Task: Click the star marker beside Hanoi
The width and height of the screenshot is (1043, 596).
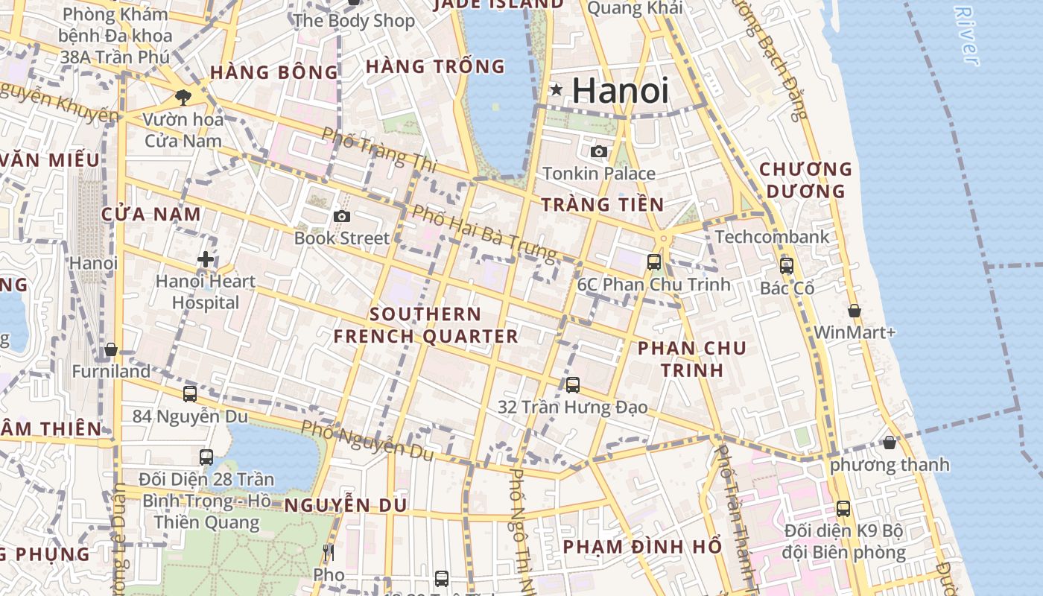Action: (x=556, y=90)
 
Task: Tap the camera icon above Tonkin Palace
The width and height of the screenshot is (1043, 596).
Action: (x=598, y=152)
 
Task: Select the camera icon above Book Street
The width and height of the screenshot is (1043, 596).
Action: (x=342, y=217)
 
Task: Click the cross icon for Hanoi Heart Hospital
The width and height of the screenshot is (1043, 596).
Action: (x=206, y=259)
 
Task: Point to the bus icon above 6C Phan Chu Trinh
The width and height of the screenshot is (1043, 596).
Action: (x=654, y=261)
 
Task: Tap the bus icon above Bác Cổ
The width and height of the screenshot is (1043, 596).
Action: (x=786, y=265)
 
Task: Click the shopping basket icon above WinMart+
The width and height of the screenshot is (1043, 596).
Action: (x=855, y=311)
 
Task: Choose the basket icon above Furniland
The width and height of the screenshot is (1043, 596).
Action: (x=111, y=349)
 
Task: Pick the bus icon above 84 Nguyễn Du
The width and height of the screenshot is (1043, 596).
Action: (x=190, y=394)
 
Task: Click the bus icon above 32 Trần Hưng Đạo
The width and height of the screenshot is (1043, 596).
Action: (x=572, y=385)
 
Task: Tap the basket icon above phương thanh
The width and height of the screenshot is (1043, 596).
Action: (x=889, y=443)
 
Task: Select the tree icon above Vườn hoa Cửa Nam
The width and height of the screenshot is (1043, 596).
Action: (x=183, y=97)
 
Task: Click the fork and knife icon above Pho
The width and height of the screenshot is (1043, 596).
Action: (x=328, y=553)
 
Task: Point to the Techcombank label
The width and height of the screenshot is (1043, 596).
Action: (x=772, y=237)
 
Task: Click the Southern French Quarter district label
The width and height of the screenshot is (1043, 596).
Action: (x=425, y=325)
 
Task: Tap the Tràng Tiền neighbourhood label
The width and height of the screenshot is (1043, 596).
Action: (x=602, y=204)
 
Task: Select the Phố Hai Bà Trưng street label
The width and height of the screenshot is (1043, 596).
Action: (x=484, y=233)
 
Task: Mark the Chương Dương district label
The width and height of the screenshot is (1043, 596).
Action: (x=806, y=180)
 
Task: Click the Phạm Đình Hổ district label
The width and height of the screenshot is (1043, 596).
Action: (x=642, y=546)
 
